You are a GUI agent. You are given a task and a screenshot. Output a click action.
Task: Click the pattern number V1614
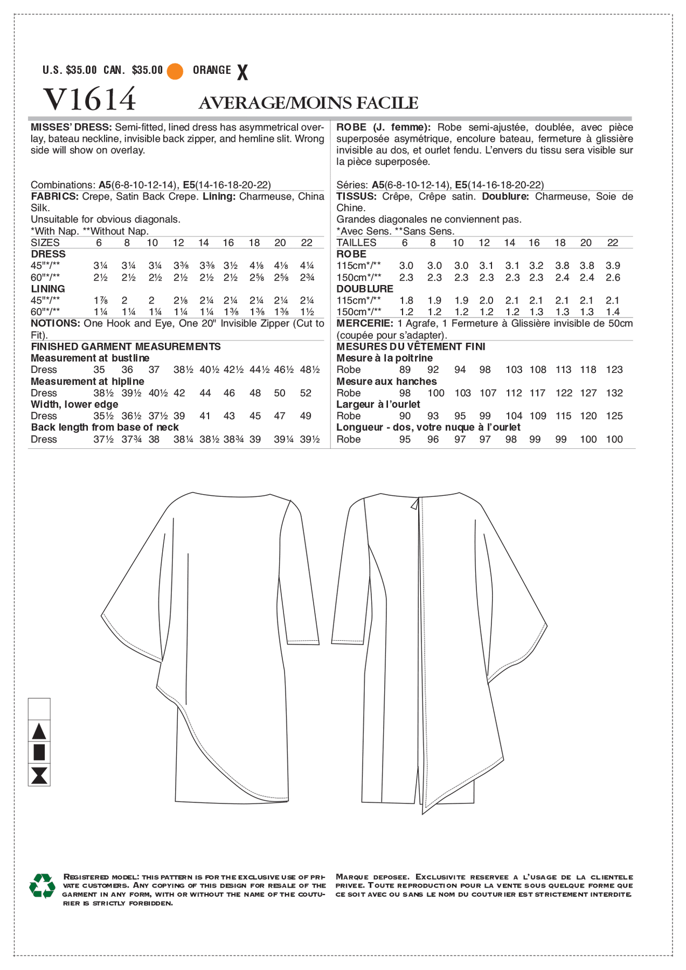coord(89,99)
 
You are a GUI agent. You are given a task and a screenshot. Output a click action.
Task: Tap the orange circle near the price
coord(175,71)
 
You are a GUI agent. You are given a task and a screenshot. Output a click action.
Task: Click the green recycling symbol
coord(42,885)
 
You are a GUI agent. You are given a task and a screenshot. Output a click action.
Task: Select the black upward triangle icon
coord(39,731)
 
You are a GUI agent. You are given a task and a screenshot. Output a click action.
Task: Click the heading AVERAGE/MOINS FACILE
coord(308,103)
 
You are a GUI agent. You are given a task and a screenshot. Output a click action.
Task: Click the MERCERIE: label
coord(364,323)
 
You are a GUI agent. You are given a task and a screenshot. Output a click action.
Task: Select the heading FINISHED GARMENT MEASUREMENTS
coord(126,347)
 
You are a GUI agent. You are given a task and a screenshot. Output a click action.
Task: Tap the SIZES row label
coord(45,242)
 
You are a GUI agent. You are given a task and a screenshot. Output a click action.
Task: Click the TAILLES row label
coord(356,242)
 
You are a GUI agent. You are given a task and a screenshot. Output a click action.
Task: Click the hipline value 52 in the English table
coord(306,393)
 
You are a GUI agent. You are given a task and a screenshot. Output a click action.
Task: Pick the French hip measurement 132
coord(614,393)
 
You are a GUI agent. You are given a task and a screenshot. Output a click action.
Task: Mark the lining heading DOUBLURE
coord(365,289)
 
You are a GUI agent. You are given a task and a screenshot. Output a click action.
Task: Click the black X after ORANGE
coord(242,72)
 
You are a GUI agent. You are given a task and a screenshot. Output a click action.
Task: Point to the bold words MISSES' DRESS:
coord(71,127)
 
